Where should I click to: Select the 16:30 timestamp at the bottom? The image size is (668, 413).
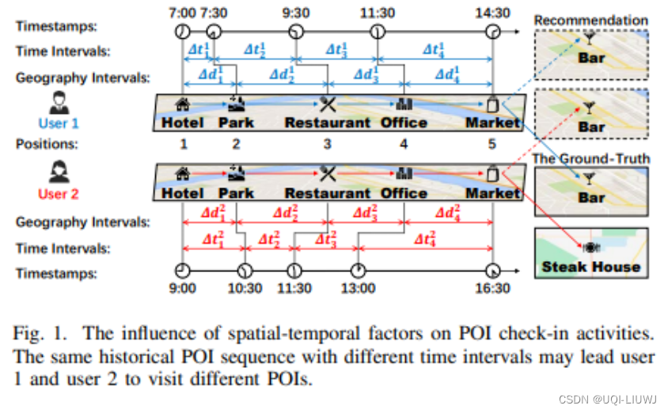point(493,288)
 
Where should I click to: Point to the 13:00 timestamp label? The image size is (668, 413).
point(359,288)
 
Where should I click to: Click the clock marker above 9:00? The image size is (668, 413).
point(182,267)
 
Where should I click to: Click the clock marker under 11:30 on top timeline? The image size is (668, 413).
point(378,32)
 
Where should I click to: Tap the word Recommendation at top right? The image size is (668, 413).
point(591,20)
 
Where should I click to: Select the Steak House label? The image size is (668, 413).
point(591,267)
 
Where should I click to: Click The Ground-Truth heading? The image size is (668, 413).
point(591,159)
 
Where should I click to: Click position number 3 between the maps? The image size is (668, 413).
point(327,143)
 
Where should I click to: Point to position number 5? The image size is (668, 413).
point(493,143)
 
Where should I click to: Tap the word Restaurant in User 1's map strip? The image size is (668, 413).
point(327,123)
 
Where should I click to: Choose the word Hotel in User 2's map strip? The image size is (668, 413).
point(183,194)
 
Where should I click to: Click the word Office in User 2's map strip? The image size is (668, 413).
point(404,194)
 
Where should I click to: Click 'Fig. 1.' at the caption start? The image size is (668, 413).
point(38,331)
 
